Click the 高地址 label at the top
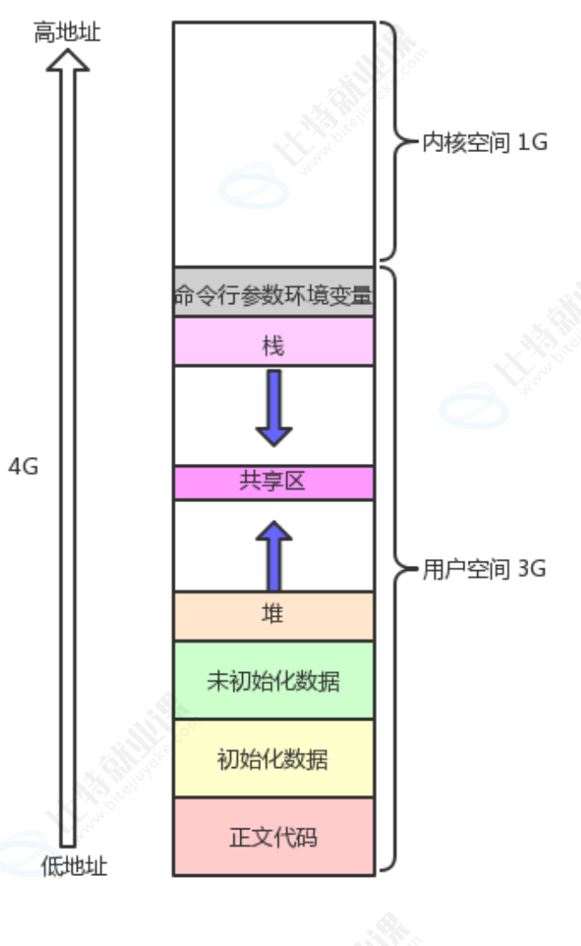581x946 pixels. coord(67,34)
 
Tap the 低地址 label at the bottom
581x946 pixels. coord(74,867)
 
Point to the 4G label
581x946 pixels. coord(23,467)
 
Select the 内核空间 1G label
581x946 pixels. coord(484,143)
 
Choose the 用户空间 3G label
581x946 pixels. coord(484,570)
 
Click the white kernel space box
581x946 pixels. coord(273,143)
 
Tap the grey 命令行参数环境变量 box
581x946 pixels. coord(273,293)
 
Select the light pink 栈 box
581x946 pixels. coord(273,342)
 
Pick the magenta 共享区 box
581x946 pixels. coord(273,483)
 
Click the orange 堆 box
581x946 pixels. coord(273,616)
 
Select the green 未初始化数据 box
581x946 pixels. coord(273,681)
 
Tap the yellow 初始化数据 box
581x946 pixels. coord(273,759)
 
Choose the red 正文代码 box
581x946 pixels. coord(273,836)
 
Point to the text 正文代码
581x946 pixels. coord(273,837)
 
